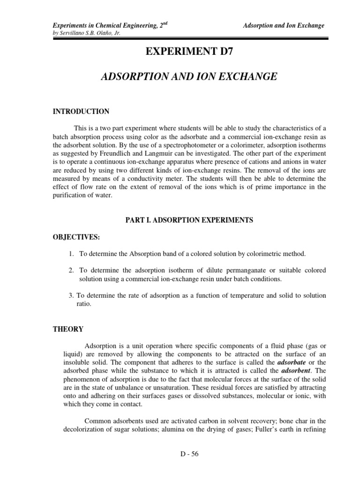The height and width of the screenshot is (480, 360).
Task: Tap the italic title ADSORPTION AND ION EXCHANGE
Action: pos(189,77)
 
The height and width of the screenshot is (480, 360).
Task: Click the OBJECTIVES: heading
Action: pos(76,237)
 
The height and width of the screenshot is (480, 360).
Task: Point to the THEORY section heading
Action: pos(68,329)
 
